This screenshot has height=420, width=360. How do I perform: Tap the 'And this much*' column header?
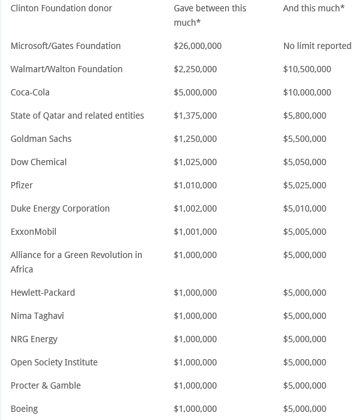pos(314,8)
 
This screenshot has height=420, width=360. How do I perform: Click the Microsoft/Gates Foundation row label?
pos(65,46)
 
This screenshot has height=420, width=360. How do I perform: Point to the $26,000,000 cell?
pos(198,46)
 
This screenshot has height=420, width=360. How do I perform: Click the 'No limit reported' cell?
pos(317,46)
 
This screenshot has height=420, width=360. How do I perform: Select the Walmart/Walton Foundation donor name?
pos(66,69)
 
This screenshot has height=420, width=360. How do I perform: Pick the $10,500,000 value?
pos(307,69)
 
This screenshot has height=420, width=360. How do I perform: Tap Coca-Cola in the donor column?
pos(30,92)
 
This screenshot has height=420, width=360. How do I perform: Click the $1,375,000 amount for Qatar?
pos(195,116)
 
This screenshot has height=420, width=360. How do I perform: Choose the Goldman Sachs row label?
pos(41,139)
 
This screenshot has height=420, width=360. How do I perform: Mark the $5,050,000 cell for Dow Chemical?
pos(305,162)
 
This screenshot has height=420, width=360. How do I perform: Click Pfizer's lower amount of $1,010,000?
pos(195,185)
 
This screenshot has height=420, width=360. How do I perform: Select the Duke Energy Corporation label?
pos(60,208)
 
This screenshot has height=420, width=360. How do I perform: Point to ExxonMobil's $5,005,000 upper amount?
pos(305,232)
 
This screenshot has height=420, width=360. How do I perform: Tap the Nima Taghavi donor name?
pos(37,316)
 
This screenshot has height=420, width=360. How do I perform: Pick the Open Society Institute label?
pos(54,362)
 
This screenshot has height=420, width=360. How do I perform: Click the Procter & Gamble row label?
pos(46,385)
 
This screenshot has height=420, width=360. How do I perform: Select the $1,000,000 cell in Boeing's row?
pos(195,409)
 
